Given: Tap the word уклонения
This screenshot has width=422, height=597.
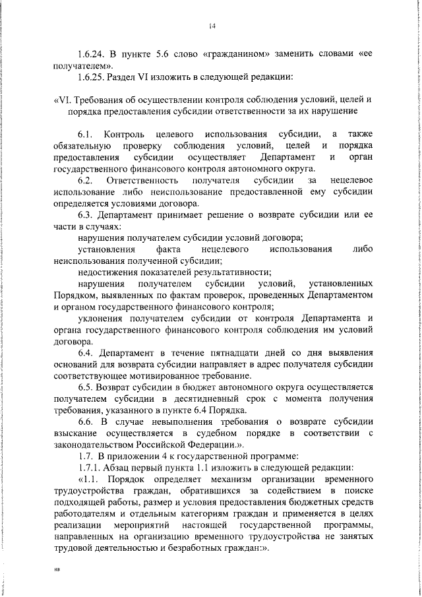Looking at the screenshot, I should pyautogui.click(x=101, y=319).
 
